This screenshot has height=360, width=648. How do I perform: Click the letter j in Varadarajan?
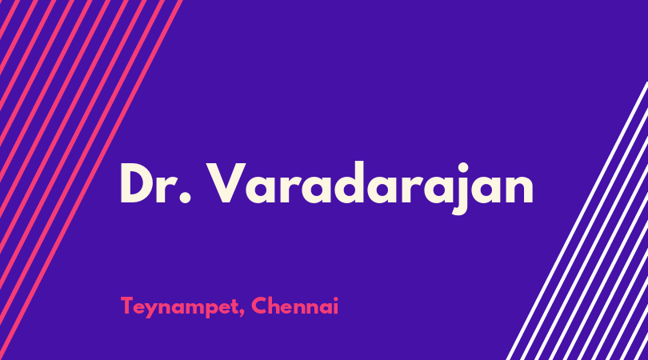click(x=462, y=189)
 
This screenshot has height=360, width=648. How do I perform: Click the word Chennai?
click(x=294, y=306)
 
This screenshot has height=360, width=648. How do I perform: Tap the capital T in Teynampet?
click(x=128, y=306)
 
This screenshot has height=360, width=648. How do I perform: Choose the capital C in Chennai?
click(x=260, y=306)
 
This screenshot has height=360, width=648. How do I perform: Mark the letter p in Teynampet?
click(x=208, y=310)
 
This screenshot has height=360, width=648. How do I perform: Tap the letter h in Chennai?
click(x=278, y=306)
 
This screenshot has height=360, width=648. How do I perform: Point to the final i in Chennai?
click(x=335, y=306)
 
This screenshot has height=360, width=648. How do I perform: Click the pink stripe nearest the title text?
click(x=91, y=180)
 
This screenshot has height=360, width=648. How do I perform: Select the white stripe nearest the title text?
click(x=577, y=221)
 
